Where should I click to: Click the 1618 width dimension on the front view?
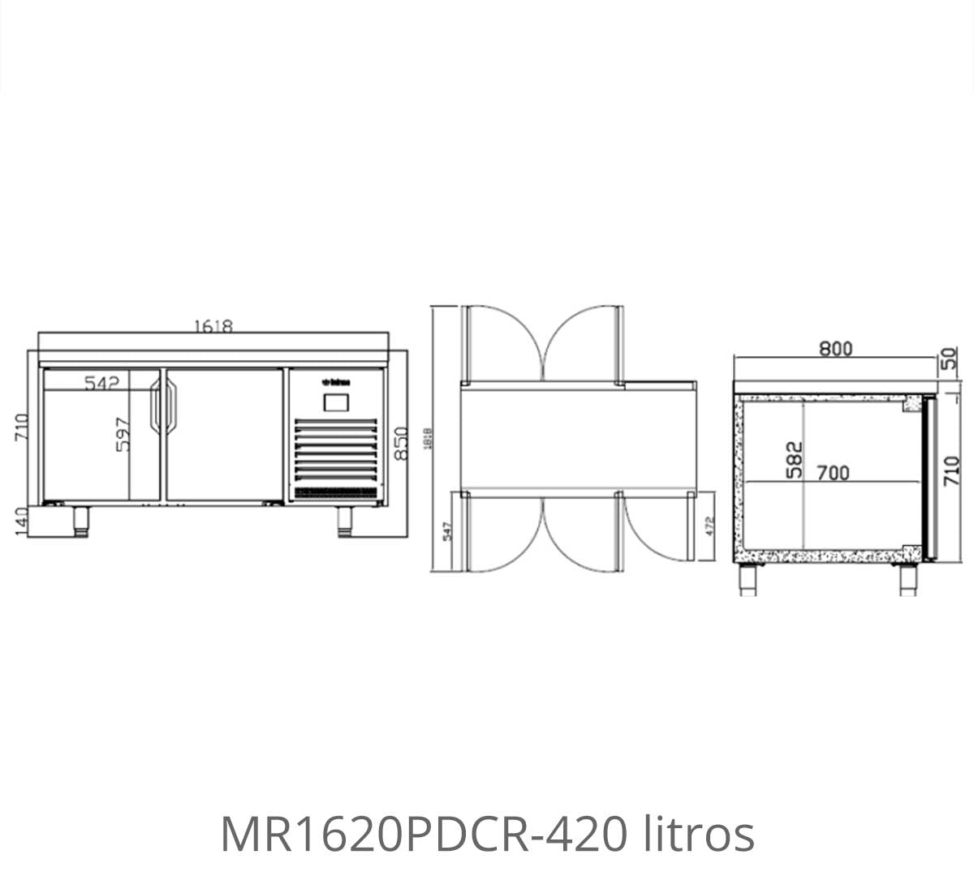click(213, 326)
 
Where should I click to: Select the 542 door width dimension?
click(102, 383)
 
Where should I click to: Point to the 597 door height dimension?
click(122, 435)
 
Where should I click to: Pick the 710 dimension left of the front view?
click(21, 427)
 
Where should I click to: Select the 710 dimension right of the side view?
click(953, 471)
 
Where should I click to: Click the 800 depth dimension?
click(835, 349)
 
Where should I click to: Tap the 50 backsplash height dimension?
click(950, 359)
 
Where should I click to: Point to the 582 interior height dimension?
click(794, 459)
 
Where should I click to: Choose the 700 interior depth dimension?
click(833, 472)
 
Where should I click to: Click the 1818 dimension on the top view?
click(428, 438)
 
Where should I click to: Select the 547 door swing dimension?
click(446, 532)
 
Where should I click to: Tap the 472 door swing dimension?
click(709, 526)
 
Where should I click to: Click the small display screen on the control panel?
click(336, 401)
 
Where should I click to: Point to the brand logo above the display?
click(336, 381)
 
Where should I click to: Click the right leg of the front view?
click(345, 522)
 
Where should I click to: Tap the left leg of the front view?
click(80, 522)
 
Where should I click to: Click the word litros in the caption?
click(699, 834)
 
